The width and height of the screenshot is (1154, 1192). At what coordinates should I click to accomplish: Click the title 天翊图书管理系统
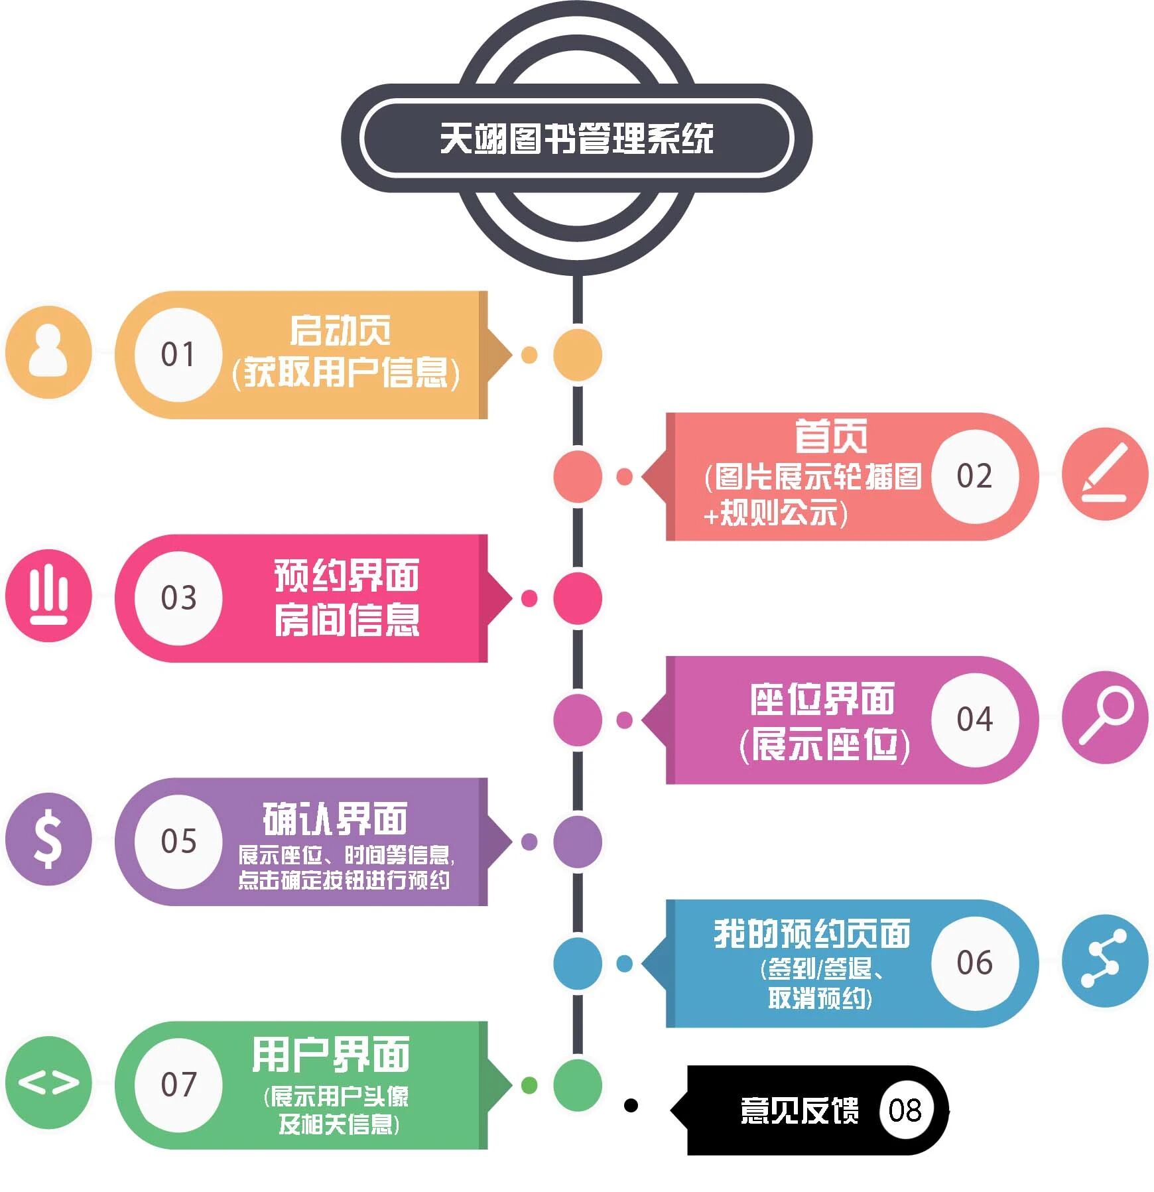576,139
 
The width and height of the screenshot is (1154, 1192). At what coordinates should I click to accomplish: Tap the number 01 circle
178,354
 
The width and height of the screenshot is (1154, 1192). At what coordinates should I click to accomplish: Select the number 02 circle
974,476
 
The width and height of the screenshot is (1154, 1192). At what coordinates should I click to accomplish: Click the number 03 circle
178,598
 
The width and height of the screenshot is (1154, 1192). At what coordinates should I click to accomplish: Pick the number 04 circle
974,719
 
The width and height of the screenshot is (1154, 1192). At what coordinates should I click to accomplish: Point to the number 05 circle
178,841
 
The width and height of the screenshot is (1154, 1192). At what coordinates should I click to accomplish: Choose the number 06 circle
974,962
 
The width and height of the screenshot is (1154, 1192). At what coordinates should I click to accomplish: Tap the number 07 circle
178,1085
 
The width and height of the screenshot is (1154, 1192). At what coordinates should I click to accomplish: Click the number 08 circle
905,1110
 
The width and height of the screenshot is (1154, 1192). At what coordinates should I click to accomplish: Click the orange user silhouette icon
48,352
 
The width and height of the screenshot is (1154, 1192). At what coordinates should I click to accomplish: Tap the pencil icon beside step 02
1104,474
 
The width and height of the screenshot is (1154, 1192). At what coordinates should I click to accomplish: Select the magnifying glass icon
1104,717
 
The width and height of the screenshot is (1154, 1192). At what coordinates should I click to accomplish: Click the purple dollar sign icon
48,839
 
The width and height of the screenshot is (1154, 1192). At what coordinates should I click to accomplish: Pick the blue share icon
1104,960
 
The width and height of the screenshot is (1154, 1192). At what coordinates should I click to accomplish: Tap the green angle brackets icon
48,1083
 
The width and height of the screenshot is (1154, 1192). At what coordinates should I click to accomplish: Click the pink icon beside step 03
48,596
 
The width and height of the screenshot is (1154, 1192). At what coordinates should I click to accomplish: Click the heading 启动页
340,330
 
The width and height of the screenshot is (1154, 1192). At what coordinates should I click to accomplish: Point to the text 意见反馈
799,1110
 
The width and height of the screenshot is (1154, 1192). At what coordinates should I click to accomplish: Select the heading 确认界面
335,819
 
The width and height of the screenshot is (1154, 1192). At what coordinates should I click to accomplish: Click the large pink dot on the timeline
578,598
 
